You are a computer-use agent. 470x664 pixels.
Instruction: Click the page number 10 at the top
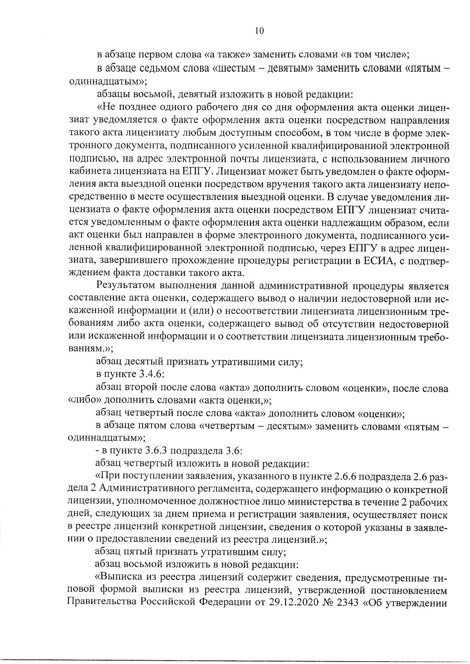point(259,31)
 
